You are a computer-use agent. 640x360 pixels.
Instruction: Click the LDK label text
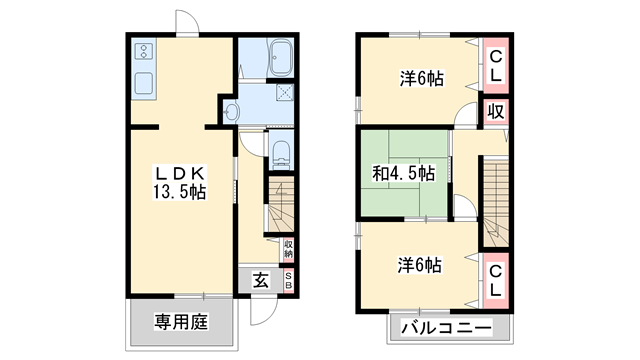[180, 171]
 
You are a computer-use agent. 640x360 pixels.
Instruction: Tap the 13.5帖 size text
[180, 191]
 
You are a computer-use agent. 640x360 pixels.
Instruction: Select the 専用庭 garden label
[180, 322]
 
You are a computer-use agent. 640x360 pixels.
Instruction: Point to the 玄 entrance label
[260, 281]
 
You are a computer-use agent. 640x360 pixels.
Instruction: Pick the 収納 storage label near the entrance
[288, 248]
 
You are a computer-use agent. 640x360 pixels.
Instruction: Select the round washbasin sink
[232, 112]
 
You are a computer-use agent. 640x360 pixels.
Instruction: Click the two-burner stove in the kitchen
[142, 49]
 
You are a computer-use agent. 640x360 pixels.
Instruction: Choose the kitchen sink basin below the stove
[142, 82]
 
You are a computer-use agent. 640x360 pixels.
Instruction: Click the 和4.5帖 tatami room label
[403, 173]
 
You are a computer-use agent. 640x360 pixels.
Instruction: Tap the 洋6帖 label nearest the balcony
[419, 265]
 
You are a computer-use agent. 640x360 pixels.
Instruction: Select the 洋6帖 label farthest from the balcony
[419, 79]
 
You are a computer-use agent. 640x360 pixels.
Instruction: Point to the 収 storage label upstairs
[495, 111]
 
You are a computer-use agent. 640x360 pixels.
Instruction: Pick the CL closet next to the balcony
[495, 276]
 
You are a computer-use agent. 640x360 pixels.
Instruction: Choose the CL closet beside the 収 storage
[495, 64]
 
